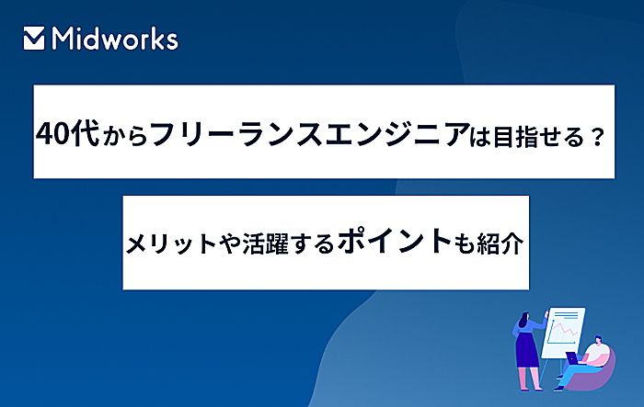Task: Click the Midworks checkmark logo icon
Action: [34, 39]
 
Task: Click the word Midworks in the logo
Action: [115, 39]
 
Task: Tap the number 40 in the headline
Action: [52, 134]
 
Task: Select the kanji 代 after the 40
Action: [85, 133]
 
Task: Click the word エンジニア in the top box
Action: [397, 134]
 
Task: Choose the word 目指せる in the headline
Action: [538, 137]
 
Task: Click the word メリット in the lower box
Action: [171, 243]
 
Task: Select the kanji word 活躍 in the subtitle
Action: [266, 243]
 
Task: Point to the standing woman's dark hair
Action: [524, 319]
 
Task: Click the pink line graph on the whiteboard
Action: [564, 328]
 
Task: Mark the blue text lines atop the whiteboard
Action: [566, 315]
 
